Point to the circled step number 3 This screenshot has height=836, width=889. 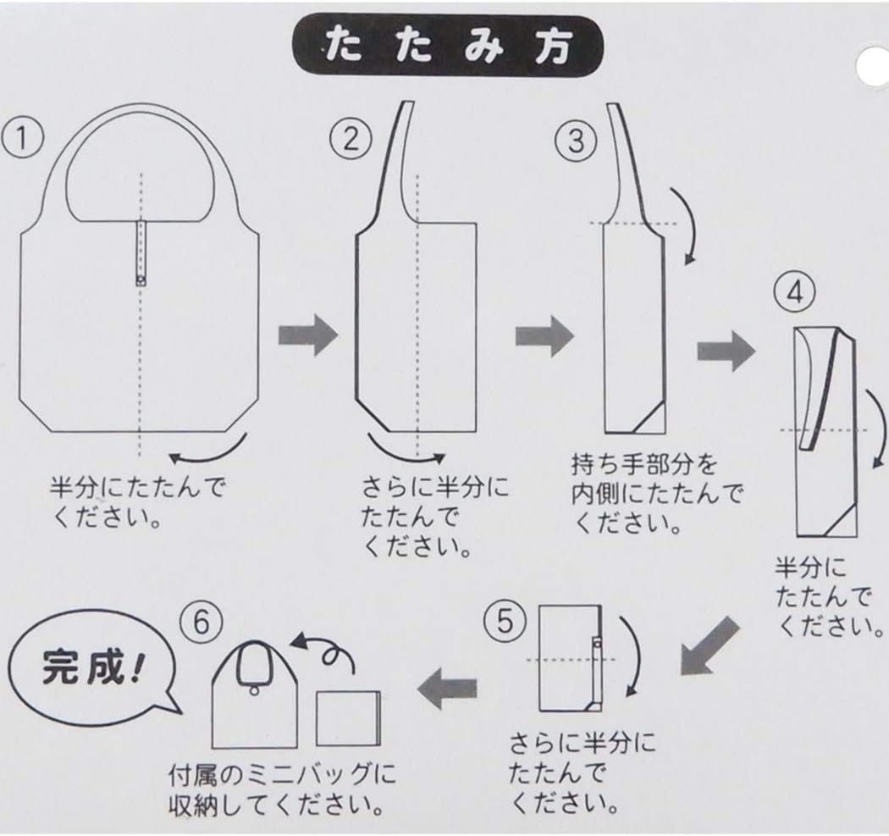577,139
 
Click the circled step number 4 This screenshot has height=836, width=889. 793,294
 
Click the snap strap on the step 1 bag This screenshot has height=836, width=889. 141,252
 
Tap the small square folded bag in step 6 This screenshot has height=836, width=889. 346,718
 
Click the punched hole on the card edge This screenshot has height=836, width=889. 873,62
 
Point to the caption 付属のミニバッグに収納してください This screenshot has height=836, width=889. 283,788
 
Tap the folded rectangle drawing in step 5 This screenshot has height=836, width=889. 570,657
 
